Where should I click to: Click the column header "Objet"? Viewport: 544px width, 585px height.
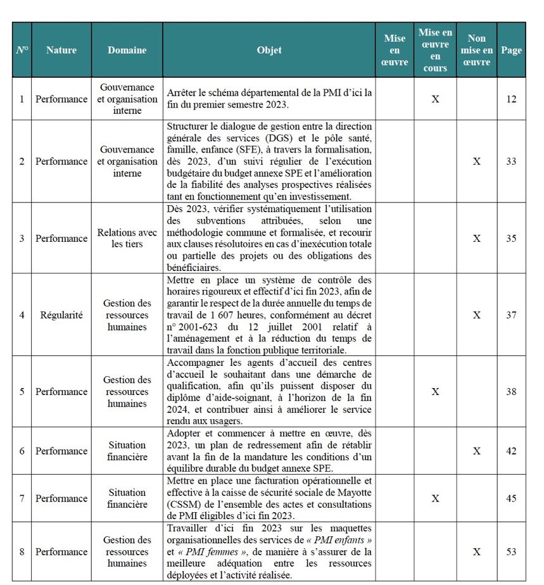pyautogui.click(x=269, y=50)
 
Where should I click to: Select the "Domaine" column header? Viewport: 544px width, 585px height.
pyautogui.click(x=127, y=50)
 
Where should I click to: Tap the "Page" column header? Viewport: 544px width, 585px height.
pyautogui.click(x=511, y=50)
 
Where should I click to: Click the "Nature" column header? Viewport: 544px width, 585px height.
pyautogui.click(x=61, y=50)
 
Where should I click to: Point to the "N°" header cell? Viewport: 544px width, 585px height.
pyautogui.click(x=22, y=50)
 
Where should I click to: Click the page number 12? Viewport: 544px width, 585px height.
pyautogui.click(x=511, y=99)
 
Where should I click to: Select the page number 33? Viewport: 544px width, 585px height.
pyautogui.click(x=511, y=161)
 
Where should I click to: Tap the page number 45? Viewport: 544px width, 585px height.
pyautogui.click(x=511, y=498)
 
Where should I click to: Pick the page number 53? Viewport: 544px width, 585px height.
pyautogui.click(x=511, y=552)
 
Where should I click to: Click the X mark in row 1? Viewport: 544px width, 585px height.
pyautogui.click(x=435, y=99)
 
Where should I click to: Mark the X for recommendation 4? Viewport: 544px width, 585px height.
pyautogui.click(x=477, y=315)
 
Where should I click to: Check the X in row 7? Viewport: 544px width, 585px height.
pyautogui.click(x=435, y=498)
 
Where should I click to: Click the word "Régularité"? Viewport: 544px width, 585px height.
pyautogui.click(x=61, y=315)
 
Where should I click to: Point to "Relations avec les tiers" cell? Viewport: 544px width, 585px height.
pyautogui.click(x=127, y=239)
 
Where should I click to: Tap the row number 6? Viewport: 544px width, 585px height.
pyautogui.click(x=22, y=451)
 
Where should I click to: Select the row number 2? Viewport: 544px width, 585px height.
pyautogui.click(x=22, y=161)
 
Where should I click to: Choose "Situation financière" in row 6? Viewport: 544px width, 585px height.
pyautogui.click(x=127, y=451)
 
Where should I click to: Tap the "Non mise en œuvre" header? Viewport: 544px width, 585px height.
pyautogui.click(x=477, y=50)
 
